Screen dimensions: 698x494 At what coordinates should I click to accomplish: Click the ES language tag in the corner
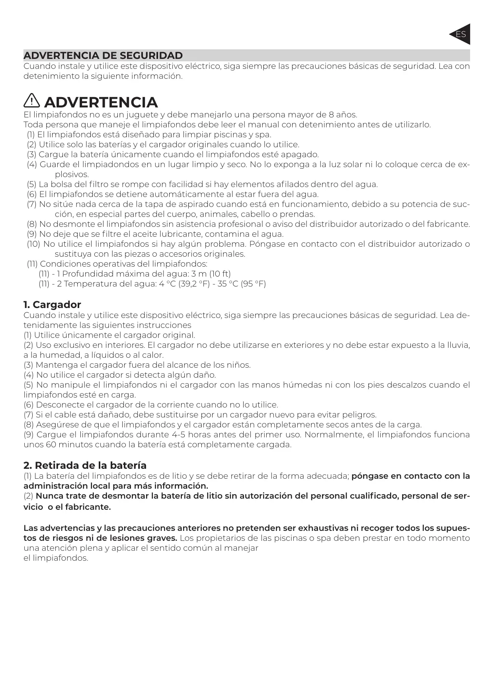[461, 34]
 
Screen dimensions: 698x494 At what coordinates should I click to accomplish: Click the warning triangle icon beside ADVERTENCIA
[31, 101]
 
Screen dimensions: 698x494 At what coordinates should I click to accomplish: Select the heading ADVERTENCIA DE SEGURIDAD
[103, 55]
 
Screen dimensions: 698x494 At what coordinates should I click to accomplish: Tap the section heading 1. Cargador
[52, 305]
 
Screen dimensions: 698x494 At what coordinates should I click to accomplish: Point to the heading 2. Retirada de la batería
[85, 465]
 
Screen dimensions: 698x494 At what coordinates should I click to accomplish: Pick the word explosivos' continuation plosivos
[72, 174]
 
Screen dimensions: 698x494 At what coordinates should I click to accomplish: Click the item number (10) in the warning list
[33, 244]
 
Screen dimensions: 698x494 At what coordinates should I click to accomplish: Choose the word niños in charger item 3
[239, 365]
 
